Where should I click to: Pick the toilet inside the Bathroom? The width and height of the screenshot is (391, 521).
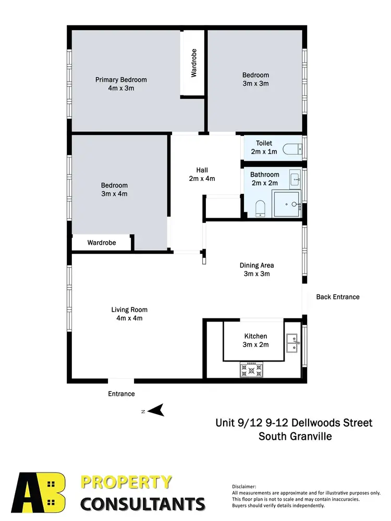coord(261,209)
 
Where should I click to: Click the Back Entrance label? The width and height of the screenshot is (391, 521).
coord(338,297)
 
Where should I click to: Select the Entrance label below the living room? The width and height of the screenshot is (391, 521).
coord(121,394)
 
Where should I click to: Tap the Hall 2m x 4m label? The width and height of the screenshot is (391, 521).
coord(202,174)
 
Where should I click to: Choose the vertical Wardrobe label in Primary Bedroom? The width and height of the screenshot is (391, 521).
coord(193,64)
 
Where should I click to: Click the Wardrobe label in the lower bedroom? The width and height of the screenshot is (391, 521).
coord(102,243)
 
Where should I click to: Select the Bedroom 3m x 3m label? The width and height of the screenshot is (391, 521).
coord(255,79)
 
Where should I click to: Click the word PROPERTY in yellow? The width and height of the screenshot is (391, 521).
coord(126,482)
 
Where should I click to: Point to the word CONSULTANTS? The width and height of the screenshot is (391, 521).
coord(142,504)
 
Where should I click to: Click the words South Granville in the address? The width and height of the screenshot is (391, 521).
coord(295,436)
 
